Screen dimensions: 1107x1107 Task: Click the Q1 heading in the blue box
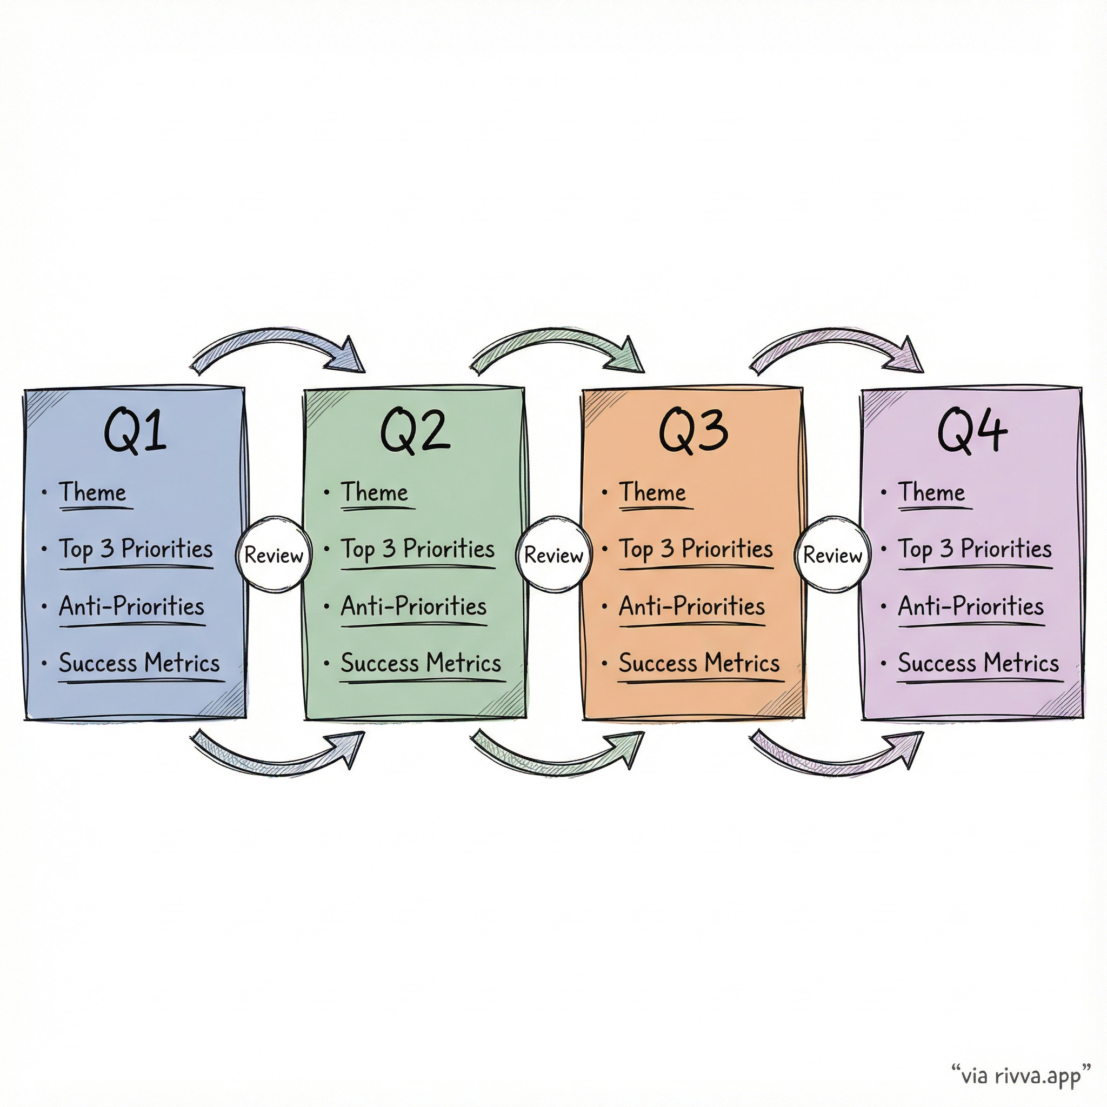pyautogui.click(x=135, y=431)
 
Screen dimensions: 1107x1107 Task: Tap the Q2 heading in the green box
pyautogui.click(x=415, y=431)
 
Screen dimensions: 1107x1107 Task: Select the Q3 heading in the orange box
pyautogui.click(x=693, y=431)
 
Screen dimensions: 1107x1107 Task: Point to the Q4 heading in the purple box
pyautogui.click(x=972, y=431)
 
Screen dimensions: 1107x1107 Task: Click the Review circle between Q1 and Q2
pyautogui.click(x=274, y=555)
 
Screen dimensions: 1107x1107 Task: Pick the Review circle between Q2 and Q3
pyautogui.click(x=553, y=555)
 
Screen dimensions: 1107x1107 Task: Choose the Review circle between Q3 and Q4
pyautogui.click(x=832, y=555)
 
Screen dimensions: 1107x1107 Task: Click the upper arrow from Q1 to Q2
pyautogui.click(x=278, y=344)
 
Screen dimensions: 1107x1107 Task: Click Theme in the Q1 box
pyautogui.click(x=93, y=493)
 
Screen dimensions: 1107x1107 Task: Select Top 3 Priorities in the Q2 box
pyautogui.click(x=418, y=550)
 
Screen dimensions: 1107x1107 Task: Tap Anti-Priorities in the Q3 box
pyautogui.click(x=691, y=606)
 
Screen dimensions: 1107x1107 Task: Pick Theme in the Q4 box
pyautogui.click(x=931, y=493)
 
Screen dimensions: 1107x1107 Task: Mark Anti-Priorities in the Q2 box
pyautogui.click(x=414, y=606)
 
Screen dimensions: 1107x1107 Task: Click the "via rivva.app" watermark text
pyautogui.click(x=1021, y=1075)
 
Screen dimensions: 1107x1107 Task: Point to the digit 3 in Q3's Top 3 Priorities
pyautogui.click(x=667, y=549)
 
